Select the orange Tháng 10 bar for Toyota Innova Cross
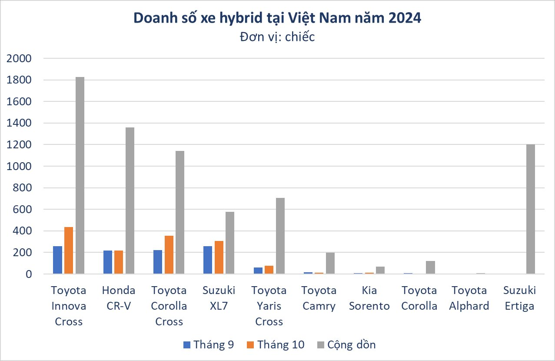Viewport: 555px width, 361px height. pyautogui.click(x=69, y=251)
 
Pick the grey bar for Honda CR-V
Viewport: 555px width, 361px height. pyautogui.click(x=130, y=201)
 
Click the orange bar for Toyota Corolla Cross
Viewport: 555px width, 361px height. pyautogui.click(x=169, y=255)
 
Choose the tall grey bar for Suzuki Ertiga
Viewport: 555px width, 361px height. pyautogui.click(x=530, y=209)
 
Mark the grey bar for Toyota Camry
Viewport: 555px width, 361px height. pyautogui.click(x=330, y=263)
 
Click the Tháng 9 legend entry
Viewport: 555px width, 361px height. pyautogui.click(x=209, y=345)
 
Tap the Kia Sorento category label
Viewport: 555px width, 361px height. pyautogui.click(x=369, y=298)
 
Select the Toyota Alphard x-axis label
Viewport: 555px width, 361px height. pyautogui.click(x=470, y=298)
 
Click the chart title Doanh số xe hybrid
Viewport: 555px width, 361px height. pyautogui.click(x=277, y=18)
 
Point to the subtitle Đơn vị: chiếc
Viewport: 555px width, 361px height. pyautogui.click(x=277, y=37)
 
